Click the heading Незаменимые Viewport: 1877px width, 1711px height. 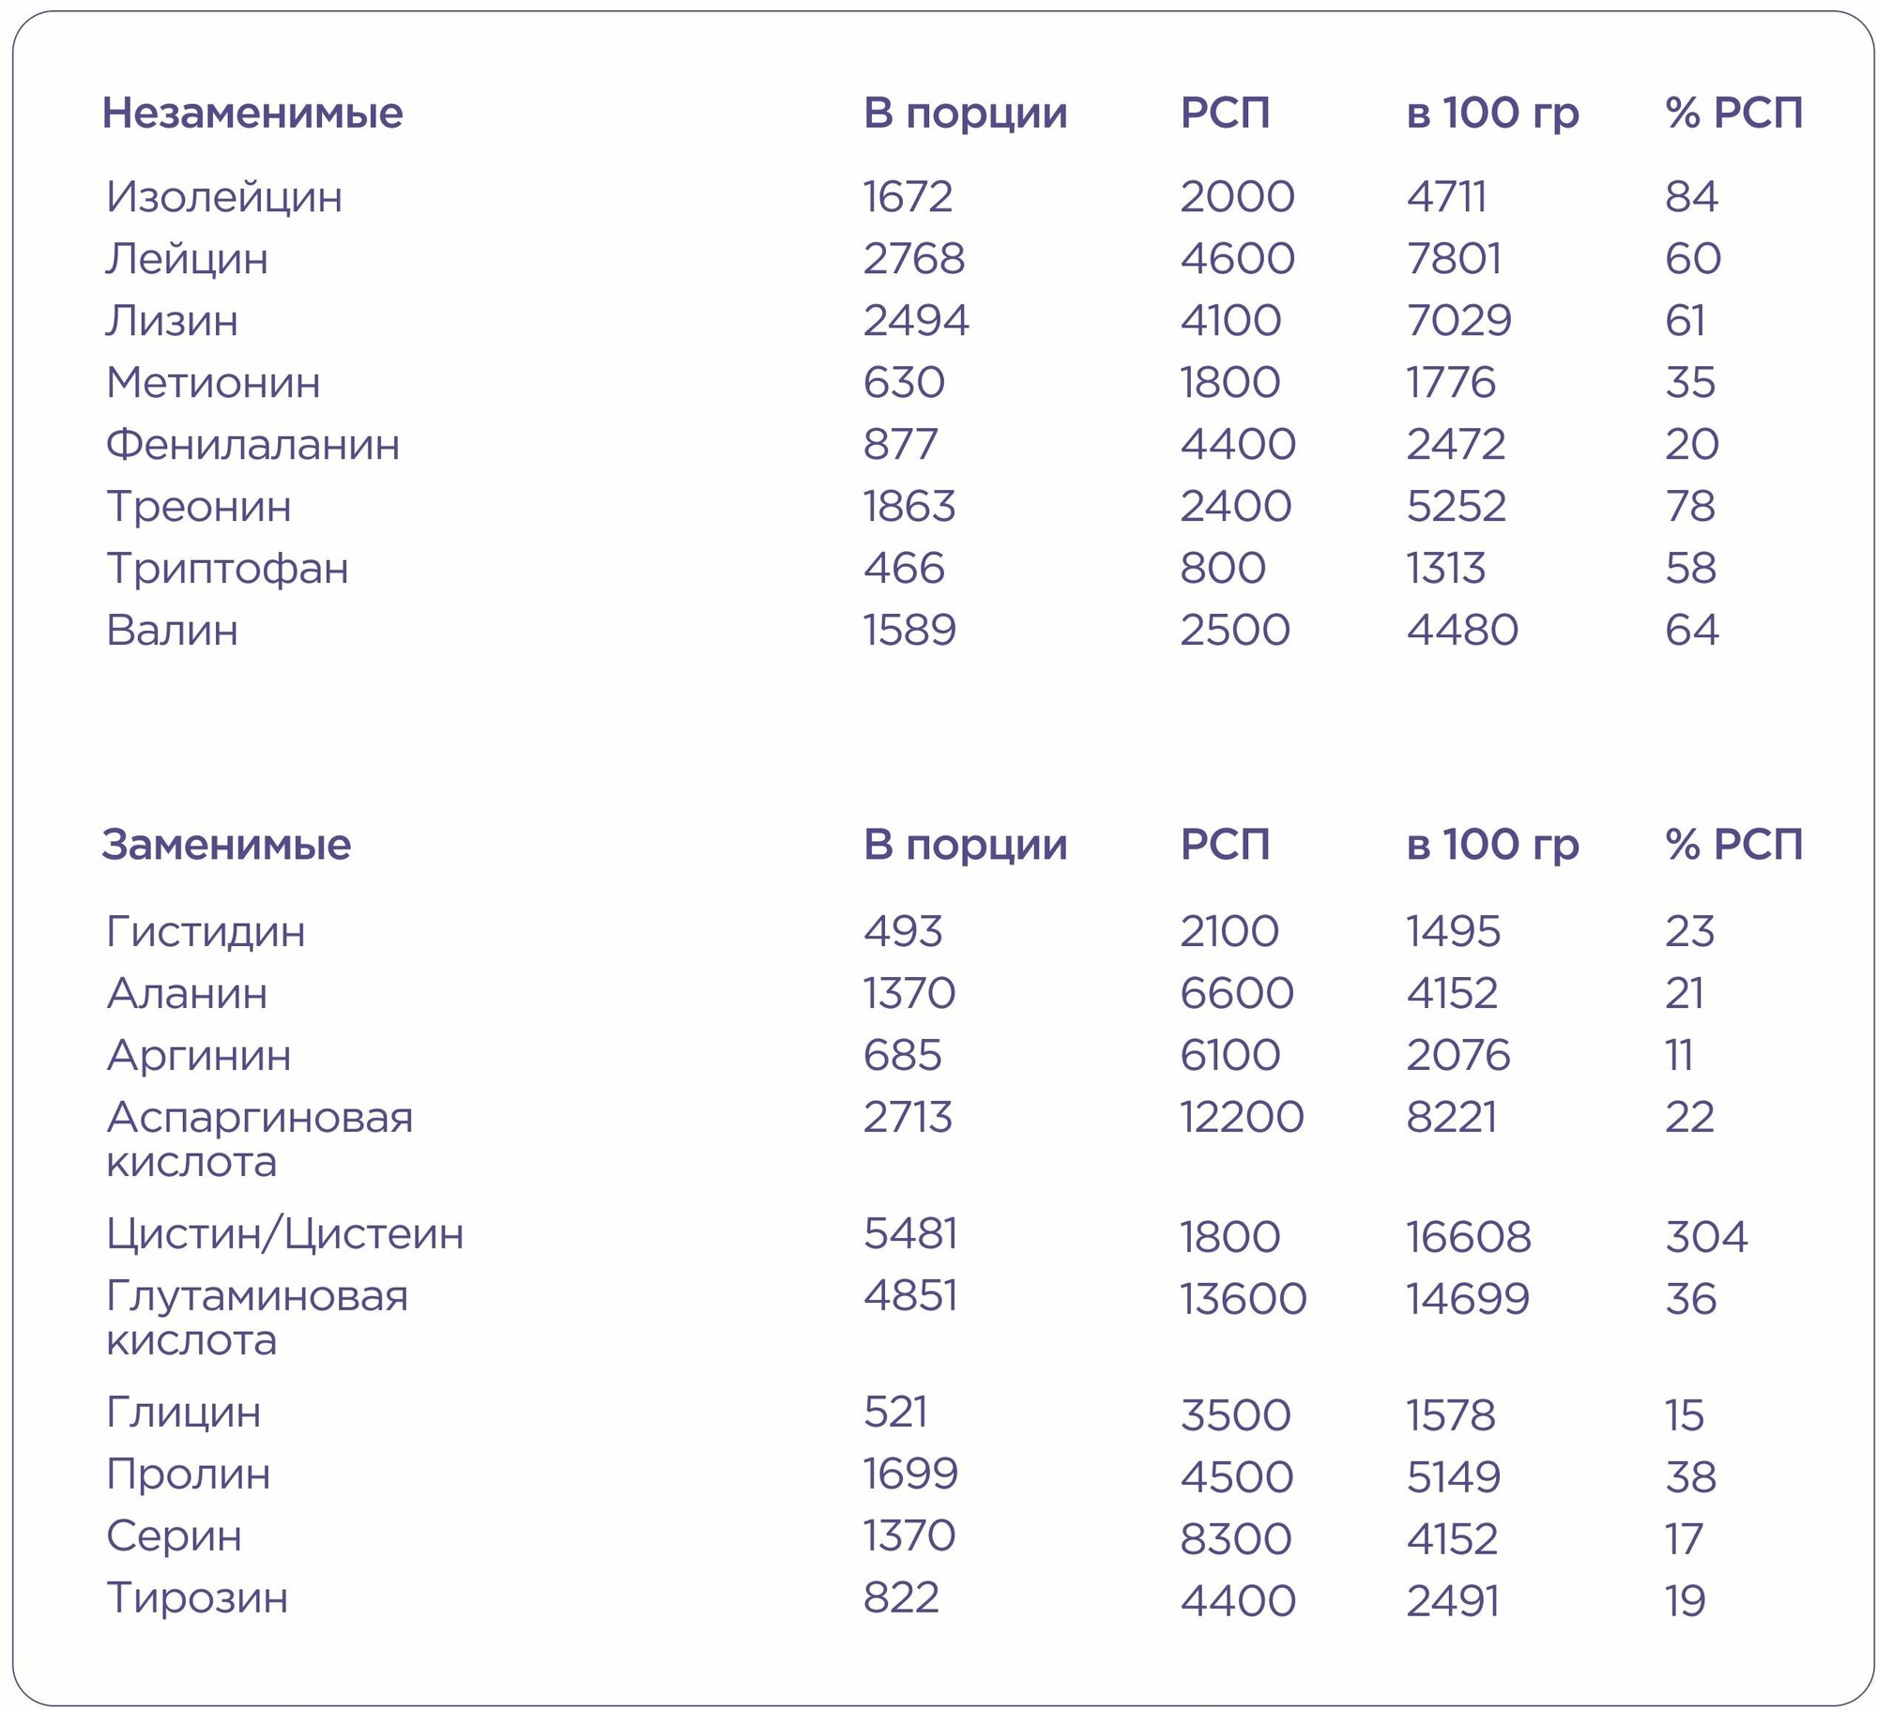[252, 113]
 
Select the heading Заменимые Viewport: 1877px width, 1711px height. [226, 845]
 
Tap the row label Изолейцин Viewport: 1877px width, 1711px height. [223, 197]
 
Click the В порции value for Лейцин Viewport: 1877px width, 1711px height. [913, 259]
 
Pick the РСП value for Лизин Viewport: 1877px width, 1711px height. [1229, 321]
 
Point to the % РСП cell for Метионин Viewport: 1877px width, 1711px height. [1690, 383]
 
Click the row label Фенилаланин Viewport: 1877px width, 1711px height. [252, 445]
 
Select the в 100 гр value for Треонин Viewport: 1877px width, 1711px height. [1456, 507]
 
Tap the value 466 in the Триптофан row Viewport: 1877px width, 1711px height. [904, 569]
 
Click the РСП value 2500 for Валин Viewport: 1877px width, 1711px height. [1234, 631]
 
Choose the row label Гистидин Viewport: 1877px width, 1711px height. [206, 932]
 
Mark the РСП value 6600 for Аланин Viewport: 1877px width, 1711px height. [1236, 994]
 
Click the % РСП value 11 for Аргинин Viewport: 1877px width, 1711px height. [1679, 1056]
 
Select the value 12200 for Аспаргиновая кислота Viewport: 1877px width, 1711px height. [1241, 1118]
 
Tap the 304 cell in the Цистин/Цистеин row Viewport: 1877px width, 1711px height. [1705, 1238]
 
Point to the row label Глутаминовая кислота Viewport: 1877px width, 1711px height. [256, 1319]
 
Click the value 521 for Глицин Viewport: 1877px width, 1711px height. [895, 1413]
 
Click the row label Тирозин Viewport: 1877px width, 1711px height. [197, 1598]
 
